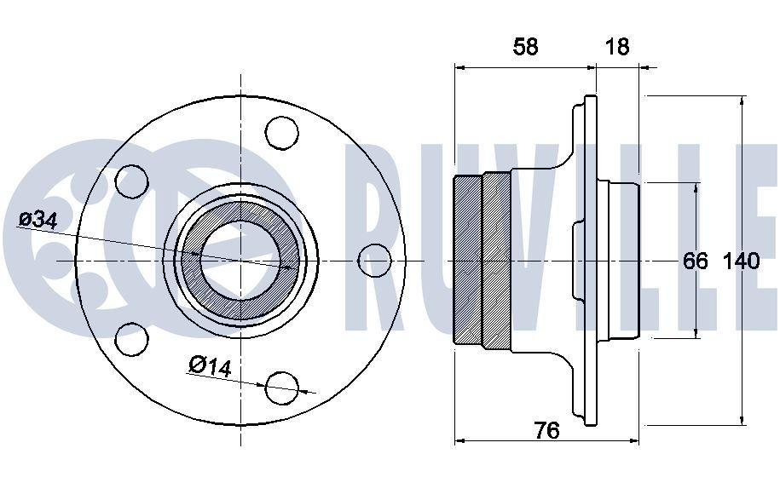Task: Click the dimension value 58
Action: pyautogui.click(x=525, y=46)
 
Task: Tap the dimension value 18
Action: pyautogui.click(x=616, y=46)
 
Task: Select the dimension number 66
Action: pyautogui.click(x=696, y=261)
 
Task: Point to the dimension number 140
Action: pyautogui.click(x=741, y=261)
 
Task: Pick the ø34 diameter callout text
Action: pyautogui.click(x=38, y=220)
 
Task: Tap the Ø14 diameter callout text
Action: pyautogui.click(x=209, y=366)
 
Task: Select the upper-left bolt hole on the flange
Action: pyautogui.click(x=131, y=181)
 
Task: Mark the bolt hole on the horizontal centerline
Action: pyautogui.click(x=373, y=259)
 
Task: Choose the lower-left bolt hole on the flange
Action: pyautogui.click(x=131, y=338)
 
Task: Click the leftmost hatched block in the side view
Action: pyautogui.click(x=468, y=259)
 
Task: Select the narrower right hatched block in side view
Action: pyautogui.click(x=496, y=259)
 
